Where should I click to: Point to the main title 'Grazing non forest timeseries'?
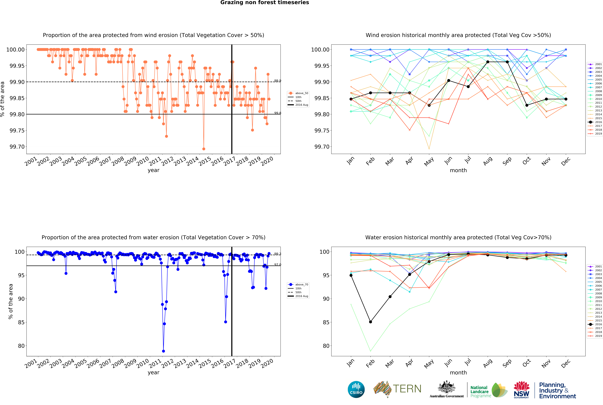pos(265,3)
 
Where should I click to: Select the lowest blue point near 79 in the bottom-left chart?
pos(163,351)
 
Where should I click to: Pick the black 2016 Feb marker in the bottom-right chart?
pos(370,322)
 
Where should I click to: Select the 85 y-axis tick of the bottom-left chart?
pos(21,322)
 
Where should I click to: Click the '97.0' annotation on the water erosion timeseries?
pos(277,264)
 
